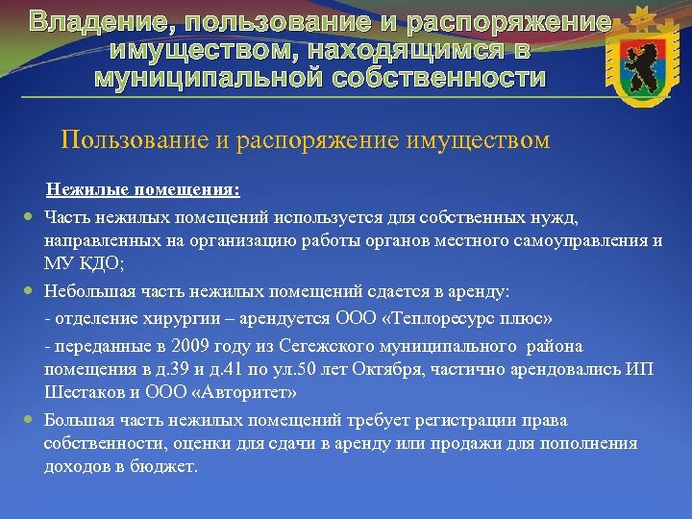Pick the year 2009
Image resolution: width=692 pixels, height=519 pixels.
pos(174,346)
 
